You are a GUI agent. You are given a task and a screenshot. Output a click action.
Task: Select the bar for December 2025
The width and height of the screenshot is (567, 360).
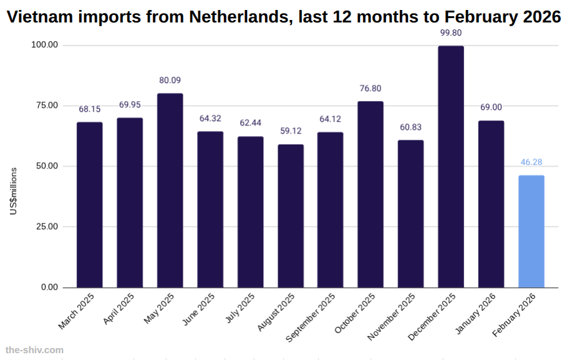pyautogui.click(x=450, y=167)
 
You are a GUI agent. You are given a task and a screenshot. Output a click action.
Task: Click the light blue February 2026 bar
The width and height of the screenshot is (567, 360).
pyautogui.click(x=531, y=231)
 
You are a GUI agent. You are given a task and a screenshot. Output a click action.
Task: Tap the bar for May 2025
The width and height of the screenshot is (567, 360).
pyautogui.click(x=170, y=190)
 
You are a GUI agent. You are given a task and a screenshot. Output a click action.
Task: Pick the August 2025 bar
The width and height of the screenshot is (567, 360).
pyautogui.click(x=291, y=216)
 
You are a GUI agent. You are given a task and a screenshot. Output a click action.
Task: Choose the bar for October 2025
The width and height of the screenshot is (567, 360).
pyautogui.click(x=371, y=194)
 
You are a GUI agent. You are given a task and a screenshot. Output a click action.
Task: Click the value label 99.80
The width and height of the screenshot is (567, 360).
pyautogui.click(x=450, y=33)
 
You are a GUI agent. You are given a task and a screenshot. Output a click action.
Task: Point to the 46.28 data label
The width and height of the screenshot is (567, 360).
pyautogui.click(x=531, y=162)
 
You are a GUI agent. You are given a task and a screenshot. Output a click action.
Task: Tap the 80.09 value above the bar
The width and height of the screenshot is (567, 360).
pyautogui.click(x=170, y=80)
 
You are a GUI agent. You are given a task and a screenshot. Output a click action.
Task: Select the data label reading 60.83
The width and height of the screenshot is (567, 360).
pyautogui.click(x=410, y=127)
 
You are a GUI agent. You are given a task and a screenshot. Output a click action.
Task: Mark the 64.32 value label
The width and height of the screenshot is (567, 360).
pyautogui.click(x=210, y=119)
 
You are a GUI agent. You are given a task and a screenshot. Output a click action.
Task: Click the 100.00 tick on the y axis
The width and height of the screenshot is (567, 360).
pyautogui.click(x=44, y=45)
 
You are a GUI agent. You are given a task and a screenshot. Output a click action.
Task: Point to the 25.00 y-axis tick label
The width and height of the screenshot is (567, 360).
pyautogui.click(x=46, y=226)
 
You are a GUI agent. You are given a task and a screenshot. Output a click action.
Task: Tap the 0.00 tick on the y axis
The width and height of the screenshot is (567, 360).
pyautogui.click(x=49, y=288)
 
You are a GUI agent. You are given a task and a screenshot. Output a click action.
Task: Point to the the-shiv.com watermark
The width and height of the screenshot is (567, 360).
pyautogui.click(x=34, y=350)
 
